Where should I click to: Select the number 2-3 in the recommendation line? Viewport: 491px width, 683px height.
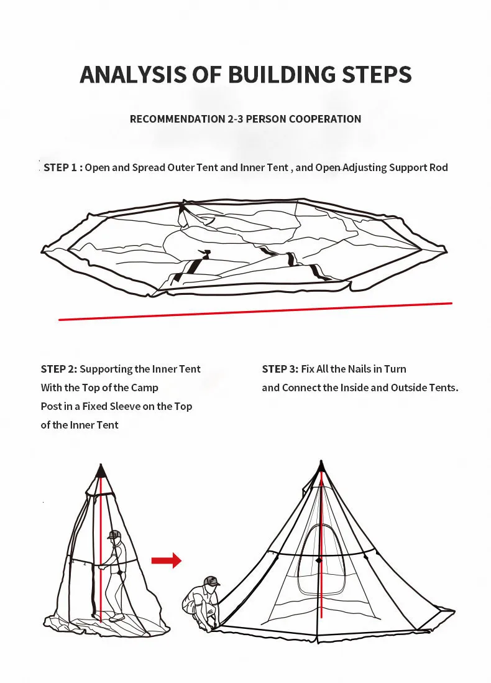[x=235, y=119]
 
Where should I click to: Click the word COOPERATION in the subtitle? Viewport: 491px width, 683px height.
[x=325, y=119]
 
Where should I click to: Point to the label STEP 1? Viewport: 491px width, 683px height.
[x=60, y=168]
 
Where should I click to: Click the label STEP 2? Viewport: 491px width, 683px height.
[x=59, y=369]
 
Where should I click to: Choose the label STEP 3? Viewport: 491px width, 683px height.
[x=280, y=369]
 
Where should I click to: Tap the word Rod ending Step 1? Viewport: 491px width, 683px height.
[x=438, y=168]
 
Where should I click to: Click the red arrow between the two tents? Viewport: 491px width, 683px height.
[x=167, y=560]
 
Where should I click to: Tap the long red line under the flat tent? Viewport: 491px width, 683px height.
[x=255, y=312]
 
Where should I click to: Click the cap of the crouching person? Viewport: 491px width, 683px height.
[x=211, y=581]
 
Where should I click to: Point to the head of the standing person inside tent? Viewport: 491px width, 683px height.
[x=114, y=536]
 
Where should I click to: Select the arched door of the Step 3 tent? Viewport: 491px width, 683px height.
[x=322, y=559]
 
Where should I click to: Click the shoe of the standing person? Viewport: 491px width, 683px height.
[x=116, y=618]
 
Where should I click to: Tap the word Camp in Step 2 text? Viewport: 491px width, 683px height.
[x=145, y=388]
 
